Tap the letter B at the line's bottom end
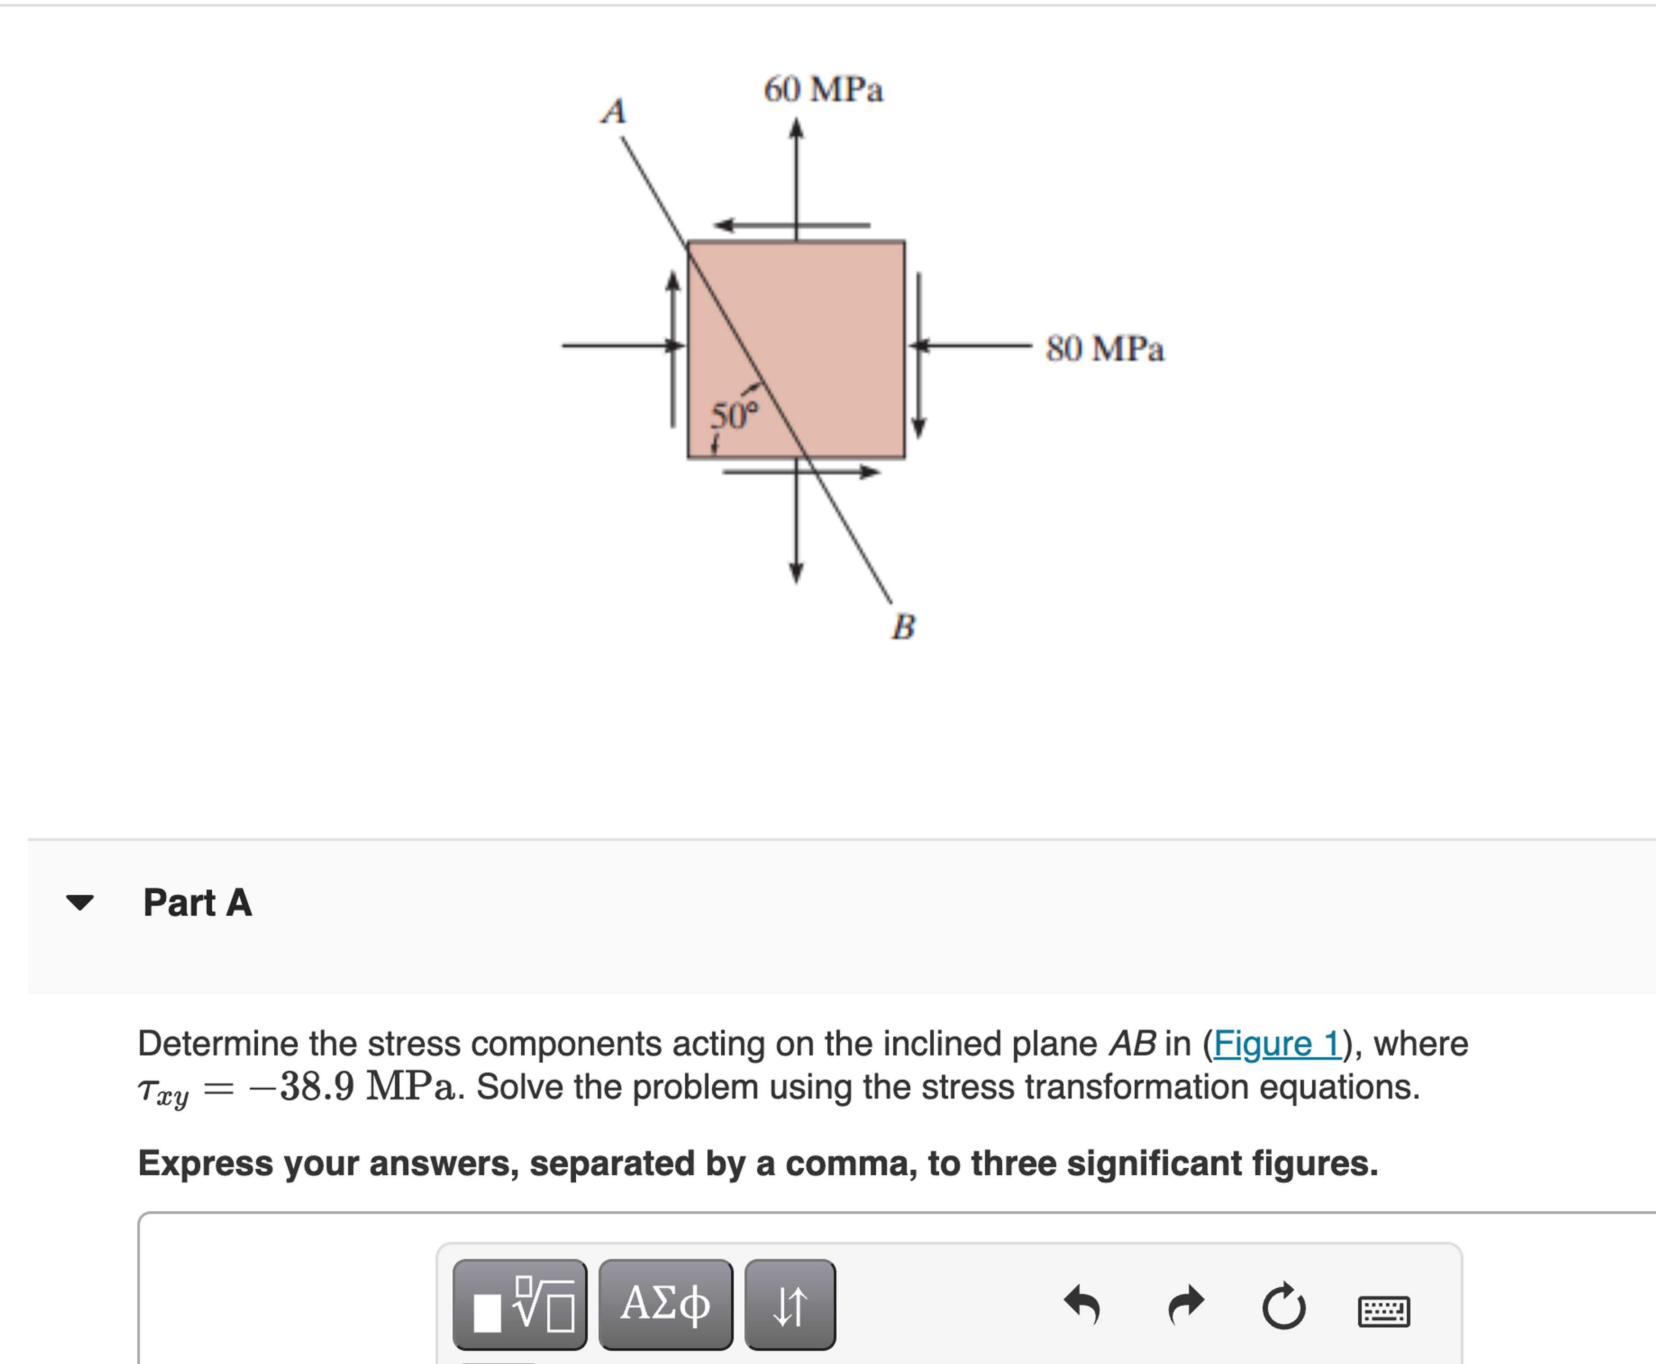point(903,626)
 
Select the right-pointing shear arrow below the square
point(801,472)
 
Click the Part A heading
point(197,902)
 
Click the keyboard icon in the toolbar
point(1383,1310)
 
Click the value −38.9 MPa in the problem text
point(350,1087)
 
